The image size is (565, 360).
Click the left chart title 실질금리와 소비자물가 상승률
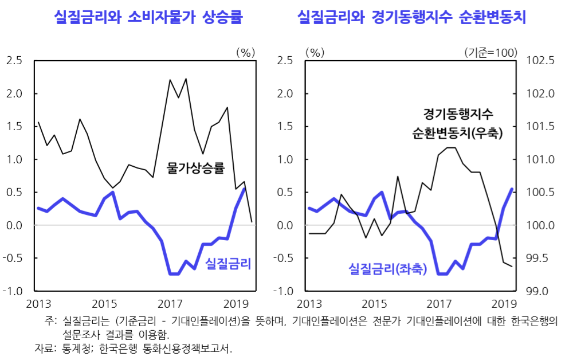[x=148, y=18]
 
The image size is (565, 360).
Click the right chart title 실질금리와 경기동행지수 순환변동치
[x=411, y=18]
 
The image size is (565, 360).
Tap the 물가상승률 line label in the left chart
[x=195, y=169]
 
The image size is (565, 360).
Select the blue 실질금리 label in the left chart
[x=229, y=263]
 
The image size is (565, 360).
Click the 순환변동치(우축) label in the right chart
[x=457, y=134]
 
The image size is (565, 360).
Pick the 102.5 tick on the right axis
[x=539, y=61]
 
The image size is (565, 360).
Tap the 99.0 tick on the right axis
[x=539, y=291]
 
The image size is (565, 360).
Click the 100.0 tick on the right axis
[x=539, y=225]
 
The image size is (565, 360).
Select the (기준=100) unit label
[x=491, y=52]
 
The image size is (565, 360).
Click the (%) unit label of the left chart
[x=245, y=52]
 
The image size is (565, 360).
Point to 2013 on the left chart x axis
[x=39, y=304]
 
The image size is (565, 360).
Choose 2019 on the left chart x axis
[x=235, y=304]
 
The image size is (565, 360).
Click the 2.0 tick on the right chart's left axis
[x=285, y=93]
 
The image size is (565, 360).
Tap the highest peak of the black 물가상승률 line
[x=186, y=79]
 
